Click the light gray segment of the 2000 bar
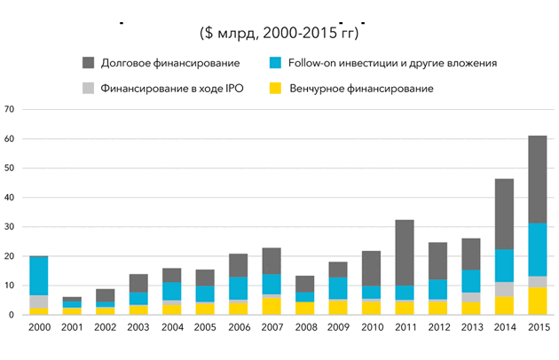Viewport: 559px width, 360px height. coord(38,302)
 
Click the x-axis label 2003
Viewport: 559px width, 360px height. coord(138,327)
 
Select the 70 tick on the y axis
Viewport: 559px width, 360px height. coord(11,109)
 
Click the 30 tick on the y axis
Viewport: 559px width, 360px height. coord(11,227)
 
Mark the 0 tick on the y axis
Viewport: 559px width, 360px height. coord(13,315)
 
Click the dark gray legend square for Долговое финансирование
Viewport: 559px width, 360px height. coord(88,63)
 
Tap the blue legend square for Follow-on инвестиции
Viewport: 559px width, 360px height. coord(276,63)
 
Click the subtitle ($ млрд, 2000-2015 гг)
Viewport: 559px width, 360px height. coord(279,34)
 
